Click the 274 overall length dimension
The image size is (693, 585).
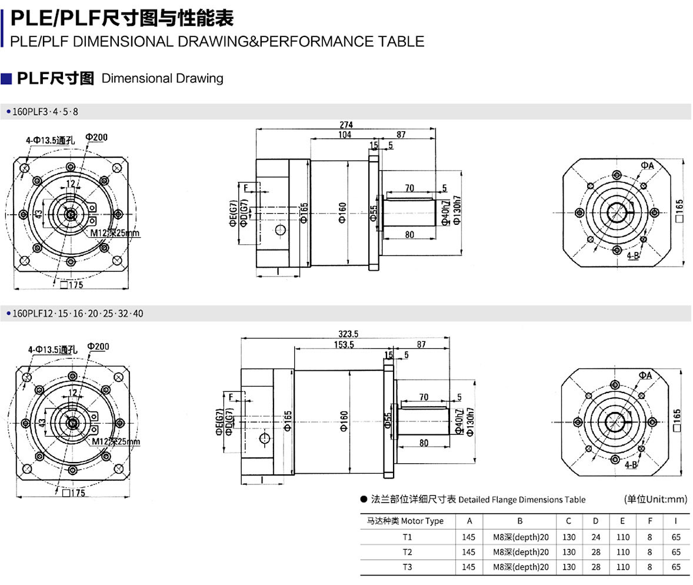coord(346,125)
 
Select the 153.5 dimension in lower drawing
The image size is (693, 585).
coord(344,344)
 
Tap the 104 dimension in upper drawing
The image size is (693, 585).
coord(345,135)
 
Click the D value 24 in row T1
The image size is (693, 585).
coord(596,537)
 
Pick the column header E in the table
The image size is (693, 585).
coord(622,521)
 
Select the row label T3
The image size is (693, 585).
coord(408,567)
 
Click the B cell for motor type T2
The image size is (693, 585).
coord(521,552)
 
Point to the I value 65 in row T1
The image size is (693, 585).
coord(676,537)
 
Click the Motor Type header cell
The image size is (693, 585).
coord(405,521)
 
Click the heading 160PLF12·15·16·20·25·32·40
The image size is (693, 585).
coord(77,314)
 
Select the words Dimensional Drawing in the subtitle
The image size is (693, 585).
coord(162,78)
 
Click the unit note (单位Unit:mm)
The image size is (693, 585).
coord(655,499)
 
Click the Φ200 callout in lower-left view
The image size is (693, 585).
coord(98,346)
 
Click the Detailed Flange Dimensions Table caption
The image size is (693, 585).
coord(521,500)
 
